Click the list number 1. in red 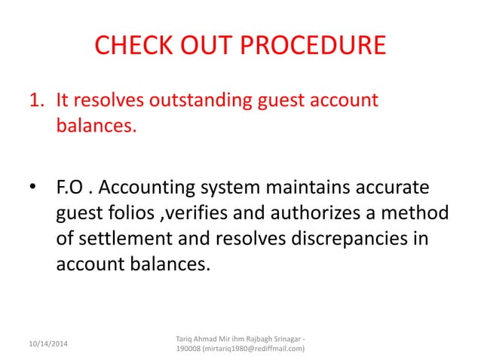point(38,100)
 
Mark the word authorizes point(326,215)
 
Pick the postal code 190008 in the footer point(188,348)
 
